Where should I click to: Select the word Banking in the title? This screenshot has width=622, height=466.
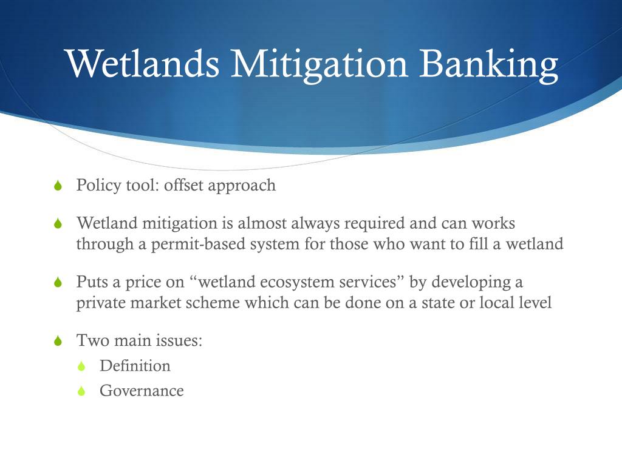point(488,66)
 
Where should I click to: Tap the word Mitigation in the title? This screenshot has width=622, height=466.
point(319,66)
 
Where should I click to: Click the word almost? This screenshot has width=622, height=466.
point(262,223)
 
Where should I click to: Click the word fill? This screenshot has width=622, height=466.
point(478,244)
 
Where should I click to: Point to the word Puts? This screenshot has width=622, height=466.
point(92,282)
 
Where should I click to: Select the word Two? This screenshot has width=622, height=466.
point(93,340)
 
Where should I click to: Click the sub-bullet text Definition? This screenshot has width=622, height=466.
point(135,366)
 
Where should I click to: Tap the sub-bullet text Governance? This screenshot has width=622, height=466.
point(142,391)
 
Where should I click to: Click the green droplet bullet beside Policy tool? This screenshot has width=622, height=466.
point(58,185)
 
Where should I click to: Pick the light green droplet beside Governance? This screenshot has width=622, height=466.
point(81,391)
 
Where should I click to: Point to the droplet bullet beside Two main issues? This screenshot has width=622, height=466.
point(58,340)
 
